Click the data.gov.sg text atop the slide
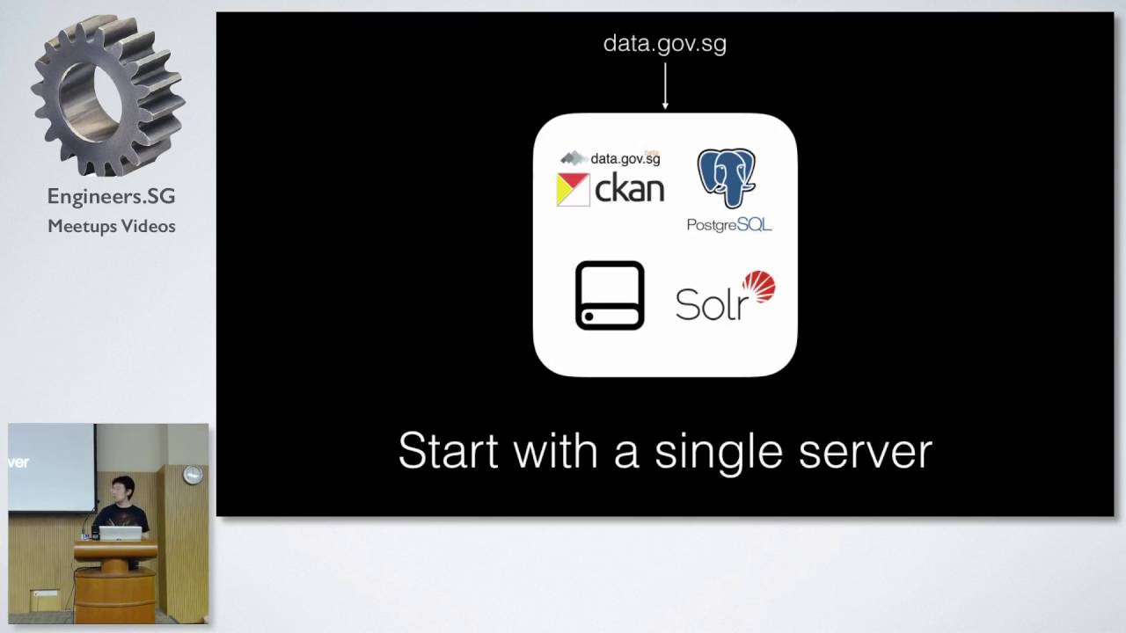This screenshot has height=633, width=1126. [x=664, y=44]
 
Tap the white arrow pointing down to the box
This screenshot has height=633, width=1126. [x=665, y=85]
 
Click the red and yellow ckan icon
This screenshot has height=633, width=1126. [x=573, y=189]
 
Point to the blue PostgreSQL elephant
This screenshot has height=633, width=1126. [x=727, y=178]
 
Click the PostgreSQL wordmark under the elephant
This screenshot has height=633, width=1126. [x=729, y=224]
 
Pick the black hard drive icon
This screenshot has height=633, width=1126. [x=610, y=295]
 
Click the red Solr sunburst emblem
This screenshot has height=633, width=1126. [x=758, y=287]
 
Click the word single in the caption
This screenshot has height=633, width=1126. [x=719, y=453]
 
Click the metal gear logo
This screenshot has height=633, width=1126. [x=107, y=96]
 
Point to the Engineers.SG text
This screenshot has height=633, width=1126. [x=111, y=196]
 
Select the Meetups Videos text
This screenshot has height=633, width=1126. [x=112, y=226]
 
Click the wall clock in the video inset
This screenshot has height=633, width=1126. [x=193, y=475]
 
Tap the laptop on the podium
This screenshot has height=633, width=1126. [x=121, y=533]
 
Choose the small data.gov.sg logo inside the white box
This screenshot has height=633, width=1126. [x=611, y=158]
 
